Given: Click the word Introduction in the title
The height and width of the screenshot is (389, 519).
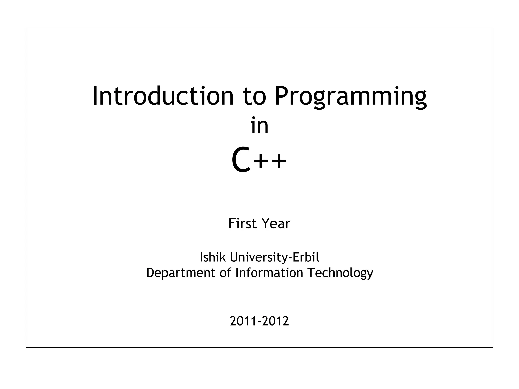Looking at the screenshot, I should point(162,96).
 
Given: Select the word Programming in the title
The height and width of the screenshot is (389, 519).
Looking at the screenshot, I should point(351,98).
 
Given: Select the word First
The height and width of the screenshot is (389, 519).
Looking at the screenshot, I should point(242,223).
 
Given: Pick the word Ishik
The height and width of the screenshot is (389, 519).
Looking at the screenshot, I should point(213,257).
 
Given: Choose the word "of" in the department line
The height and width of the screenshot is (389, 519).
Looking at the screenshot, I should point(225,273).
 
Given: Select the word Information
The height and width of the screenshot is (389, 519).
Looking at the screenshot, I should point(269,273).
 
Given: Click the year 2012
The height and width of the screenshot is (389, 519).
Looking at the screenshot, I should point(275,321).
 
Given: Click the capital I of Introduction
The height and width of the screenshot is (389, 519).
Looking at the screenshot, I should point(95,96).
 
